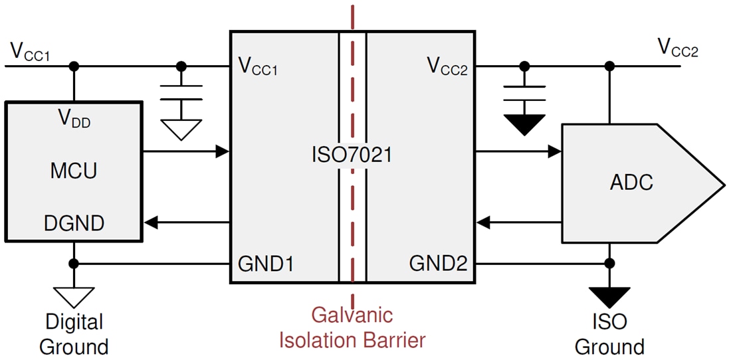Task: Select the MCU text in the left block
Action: (x=73, y=171)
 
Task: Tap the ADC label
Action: (x=631, y=183)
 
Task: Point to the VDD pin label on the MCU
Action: (x=74, y=120)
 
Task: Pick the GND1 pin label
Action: (x=266, y=264)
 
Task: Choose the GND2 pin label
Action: (x=438, y=264)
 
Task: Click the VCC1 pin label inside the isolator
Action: (x=257, y=66)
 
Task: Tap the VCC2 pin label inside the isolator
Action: (x=447, y=66)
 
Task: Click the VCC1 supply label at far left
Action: (x=30, y=52)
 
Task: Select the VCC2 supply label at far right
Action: (x=677, y=48)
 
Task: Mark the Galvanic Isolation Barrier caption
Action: (x=352, y=327)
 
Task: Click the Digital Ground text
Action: (x=74, y=334)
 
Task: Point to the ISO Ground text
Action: (x=609, y=334)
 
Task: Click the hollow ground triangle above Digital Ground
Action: (x=74, y=296)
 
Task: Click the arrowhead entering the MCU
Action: (x=151, y=223)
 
